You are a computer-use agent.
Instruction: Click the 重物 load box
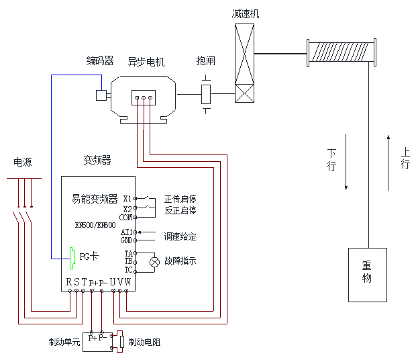pos(367,274)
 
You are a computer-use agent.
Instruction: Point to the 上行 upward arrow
pos(388,161)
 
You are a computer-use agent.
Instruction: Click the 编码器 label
pos(100,61)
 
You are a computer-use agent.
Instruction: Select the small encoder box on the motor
pos(101,95)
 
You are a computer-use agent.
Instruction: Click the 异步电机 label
pos(146,62)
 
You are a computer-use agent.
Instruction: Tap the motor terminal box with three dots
pos(143,98)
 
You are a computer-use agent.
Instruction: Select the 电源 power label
pos(23,163)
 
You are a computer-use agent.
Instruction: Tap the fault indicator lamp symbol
pos(154,262)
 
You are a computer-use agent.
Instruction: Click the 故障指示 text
pos(180,261)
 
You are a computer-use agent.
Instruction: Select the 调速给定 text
pos(180,236)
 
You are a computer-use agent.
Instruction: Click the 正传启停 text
pos(180,199)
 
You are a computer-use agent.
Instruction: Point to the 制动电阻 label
pos(144,342)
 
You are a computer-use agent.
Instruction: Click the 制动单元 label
pos(64,342)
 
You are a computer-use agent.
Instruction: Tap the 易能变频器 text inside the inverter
pos(95,199)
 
